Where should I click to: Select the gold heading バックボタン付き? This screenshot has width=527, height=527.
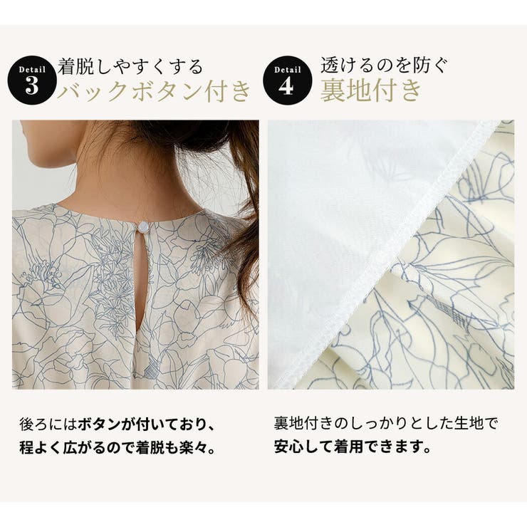pyautogui.click(x=155, y=92)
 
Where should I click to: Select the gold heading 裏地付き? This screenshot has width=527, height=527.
pyautogui.click(x=370, y=92)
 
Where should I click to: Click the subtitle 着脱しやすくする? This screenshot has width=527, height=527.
pyautogui.click(x=132, y=67)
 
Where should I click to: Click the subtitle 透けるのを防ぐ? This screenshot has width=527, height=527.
pyautogui.click(x=384, y=67)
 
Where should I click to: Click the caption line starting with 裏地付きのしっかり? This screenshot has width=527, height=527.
pyautogui.click(x=385, y=426)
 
